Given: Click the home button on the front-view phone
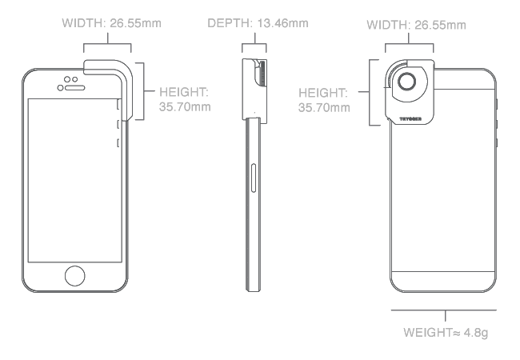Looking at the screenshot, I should point(75,274).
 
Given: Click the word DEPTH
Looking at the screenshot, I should point(230,22).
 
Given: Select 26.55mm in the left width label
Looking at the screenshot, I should point(135,22).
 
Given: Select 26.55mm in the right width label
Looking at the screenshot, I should point(441,25).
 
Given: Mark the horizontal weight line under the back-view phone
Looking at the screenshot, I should point(444,310).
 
